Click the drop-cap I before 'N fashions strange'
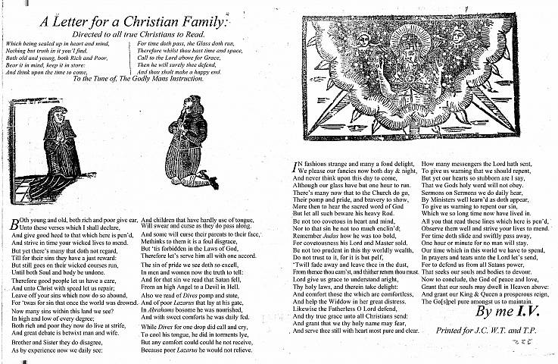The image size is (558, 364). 295,164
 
